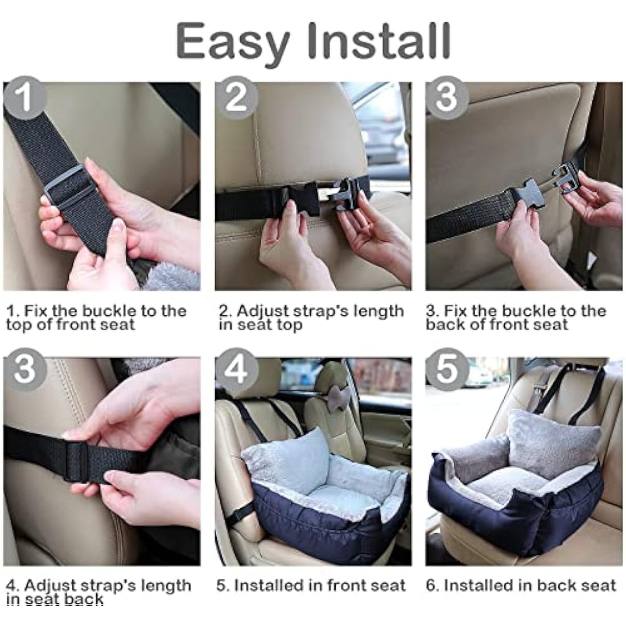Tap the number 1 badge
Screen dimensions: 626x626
24,97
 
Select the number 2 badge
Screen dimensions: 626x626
236,97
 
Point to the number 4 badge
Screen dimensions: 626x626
236,370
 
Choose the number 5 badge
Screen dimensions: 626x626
447,370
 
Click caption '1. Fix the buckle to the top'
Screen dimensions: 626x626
96,318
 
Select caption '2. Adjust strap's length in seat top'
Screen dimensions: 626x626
311,318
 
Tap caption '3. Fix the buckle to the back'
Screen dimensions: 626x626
516,318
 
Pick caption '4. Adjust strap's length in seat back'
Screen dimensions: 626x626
98,592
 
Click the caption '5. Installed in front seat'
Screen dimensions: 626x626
311,586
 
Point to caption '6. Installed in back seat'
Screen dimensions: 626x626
521,586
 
